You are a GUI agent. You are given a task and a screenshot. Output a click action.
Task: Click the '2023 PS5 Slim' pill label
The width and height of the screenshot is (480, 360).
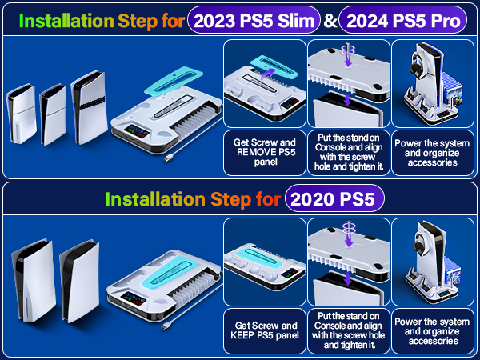tap(248, 19)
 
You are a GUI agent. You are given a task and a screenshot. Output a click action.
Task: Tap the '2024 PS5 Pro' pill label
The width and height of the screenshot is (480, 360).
tap(402, 19)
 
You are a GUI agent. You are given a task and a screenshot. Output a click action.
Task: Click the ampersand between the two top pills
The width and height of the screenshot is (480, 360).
tap(330, 20)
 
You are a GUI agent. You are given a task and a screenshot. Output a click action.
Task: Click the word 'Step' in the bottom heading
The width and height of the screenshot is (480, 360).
tap(233, 198)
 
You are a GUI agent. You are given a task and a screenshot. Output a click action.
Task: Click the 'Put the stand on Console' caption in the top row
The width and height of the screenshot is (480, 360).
tap(346, 144)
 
